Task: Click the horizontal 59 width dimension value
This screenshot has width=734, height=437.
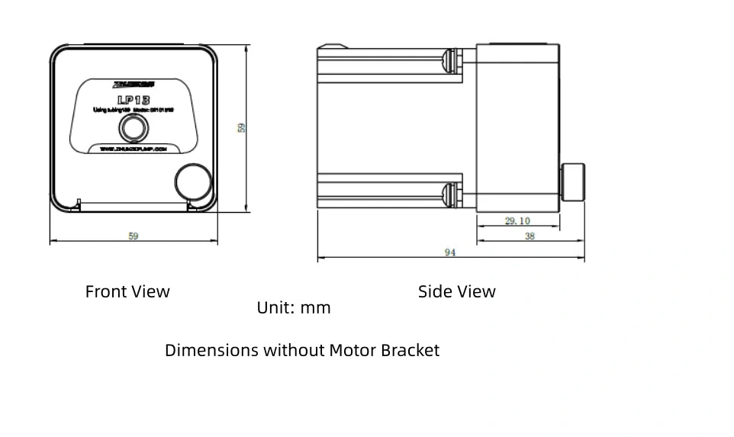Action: [134, 236]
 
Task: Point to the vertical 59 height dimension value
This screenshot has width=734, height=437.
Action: [241, 128]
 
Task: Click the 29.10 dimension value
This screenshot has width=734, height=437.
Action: [517, 221]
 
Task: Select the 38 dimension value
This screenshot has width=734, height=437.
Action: [530, 236]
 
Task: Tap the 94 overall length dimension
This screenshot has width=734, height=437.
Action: [450, 252]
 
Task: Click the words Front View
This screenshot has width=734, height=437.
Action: [127, 291]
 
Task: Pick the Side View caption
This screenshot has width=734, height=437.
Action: [456, 291]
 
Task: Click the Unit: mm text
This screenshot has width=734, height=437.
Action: [294, 308]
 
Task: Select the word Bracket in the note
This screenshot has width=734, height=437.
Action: [410, 351]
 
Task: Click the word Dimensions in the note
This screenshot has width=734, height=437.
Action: [211, 351]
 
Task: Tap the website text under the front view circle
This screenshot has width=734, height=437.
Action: [133, 150]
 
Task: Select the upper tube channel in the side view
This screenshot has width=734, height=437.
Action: [389, 60]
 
